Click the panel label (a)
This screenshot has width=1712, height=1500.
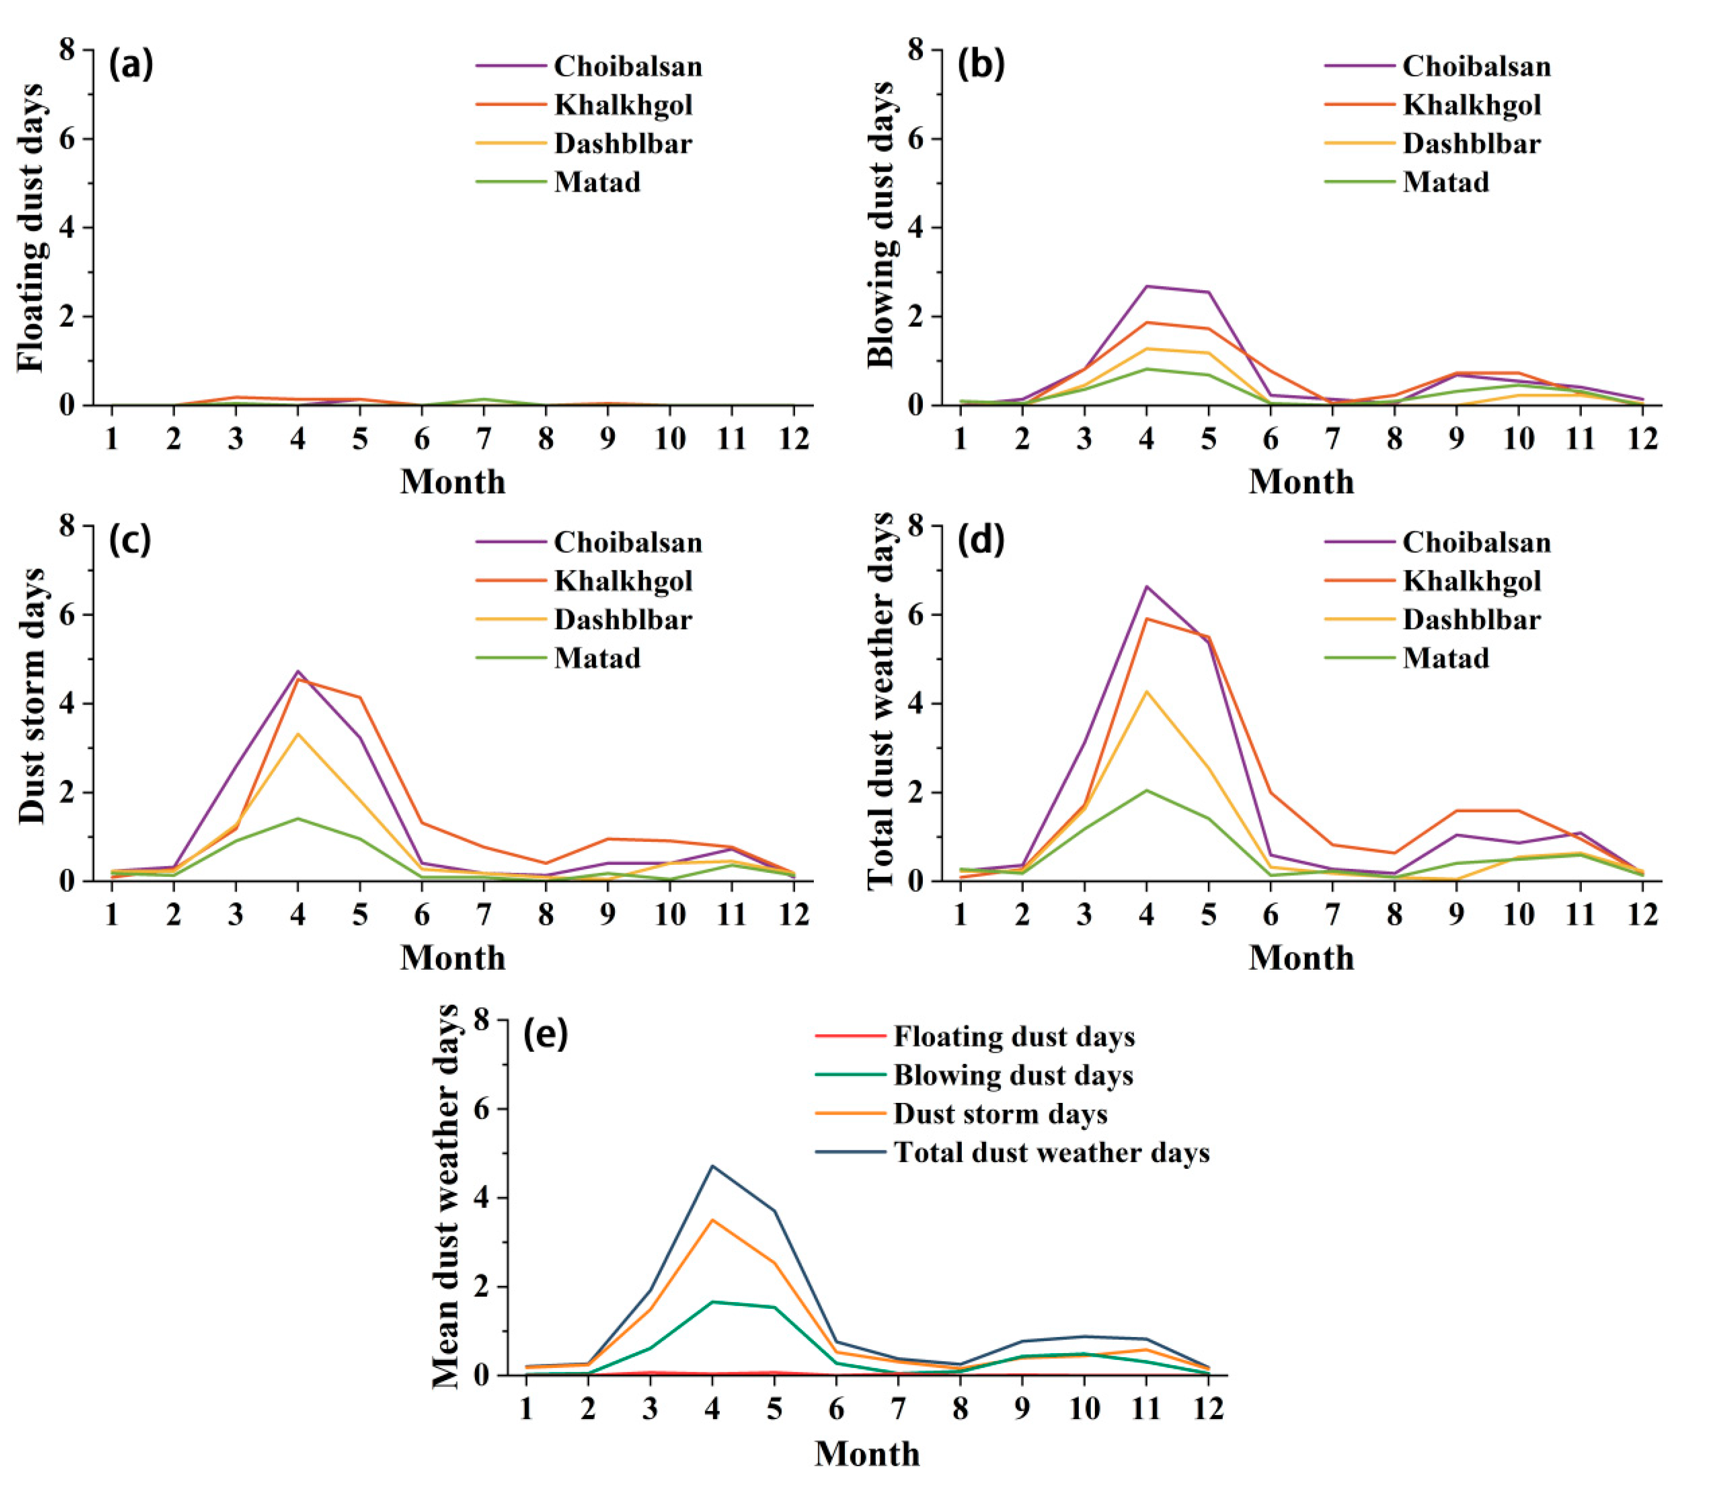click(131, 65)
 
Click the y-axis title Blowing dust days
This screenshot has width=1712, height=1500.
click(880, 226)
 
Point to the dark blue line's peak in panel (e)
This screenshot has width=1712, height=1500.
click(713, 1166)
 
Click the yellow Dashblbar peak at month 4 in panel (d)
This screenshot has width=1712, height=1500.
click(1146, 691)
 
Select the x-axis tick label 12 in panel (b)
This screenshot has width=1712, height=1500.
click(1643, 438)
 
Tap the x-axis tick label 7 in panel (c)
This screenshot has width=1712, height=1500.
click(483, 914)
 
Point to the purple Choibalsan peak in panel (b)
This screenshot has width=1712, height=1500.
click(1146, 286)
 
